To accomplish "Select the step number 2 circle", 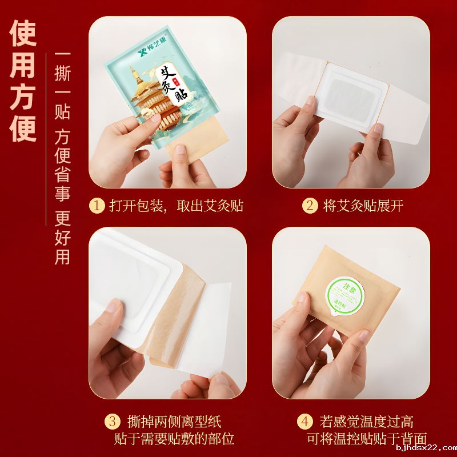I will pos(310,206).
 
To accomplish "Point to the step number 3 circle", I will pos(113,422).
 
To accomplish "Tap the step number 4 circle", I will pos(306,422).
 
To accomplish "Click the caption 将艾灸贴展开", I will pos(363,206).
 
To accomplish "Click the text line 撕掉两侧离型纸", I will pos(174,422).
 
